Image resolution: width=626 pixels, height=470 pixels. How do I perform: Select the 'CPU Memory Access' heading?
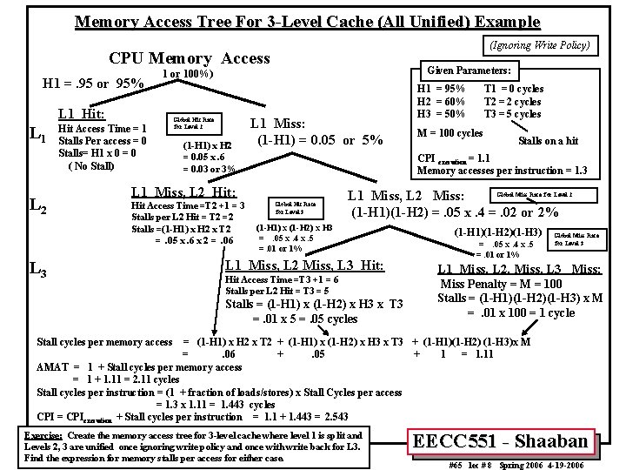(x=189, y=58)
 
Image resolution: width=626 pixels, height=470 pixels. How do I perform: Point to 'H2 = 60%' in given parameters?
(x=443, y=101)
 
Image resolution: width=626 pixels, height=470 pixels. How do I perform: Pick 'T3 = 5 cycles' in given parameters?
(x=513, y=113)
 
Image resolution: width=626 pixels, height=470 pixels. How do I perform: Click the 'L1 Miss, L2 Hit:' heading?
(x=183, y=191)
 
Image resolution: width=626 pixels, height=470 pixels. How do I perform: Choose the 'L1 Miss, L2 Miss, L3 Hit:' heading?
(x=304, y=265)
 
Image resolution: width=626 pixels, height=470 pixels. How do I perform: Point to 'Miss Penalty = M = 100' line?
(x=502, y=284)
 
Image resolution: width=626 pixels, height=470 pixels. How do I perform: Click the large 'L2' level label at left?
(x=37, y=205)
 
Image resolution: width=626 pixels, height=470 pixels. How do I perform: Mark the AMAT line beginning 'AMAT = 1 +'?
(x=139, y=367)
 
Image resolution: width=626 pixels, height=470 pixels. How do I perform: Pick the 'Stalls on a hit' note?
(x=548, y=140)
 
